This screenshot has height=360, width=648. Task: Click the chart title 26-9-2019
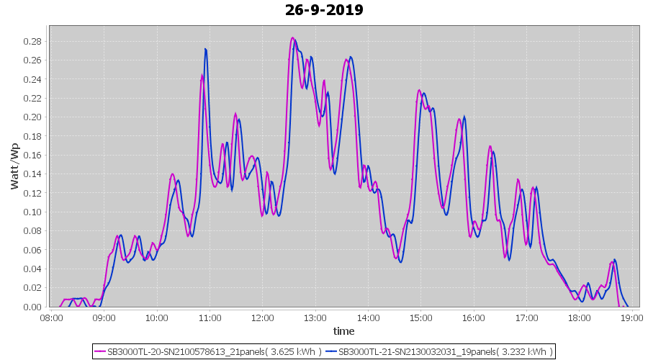click(324, 10)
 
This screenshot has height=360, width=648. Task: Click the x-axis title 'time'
click(343, 330)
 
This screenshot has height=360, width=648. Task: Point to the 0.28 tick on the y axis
click(32, 41)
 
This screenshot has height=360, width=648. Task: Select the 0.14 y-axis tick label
click(32, 174)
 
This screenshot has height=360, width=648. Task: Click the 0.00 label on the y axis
click(32, 307)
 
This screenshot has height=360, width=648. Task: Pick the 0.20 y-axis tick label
click(32, 117)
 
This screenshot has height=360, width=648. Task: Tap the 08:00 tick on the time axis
click(50, 317)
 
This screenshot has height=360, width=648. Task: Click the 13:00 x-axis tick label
click(315, 317)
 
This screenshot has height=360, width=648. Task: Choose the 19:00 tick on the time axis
click(631, 317)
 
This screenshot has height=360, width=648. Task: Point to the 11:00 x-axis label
click(209, 317)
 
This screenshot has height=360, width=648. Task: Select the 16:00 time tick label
click(473, 317)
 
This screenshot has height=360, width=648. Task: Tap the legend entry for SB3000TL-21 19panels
click(445, 351)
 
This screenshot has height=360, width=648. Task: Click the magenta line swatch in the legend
click(100, 351)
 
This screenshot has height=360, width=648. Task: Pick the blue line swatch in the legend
click(331, 351)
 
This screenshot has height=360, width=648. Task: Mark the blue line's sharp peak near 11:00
click(206, 49)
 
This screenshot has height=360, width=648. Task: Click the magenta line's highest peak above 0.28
click(292, 38)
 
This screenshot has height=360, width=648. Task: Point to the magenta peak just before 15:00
click(419, 90)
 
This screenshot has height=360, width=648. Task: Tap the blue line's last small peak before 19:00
click(614, 260)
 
